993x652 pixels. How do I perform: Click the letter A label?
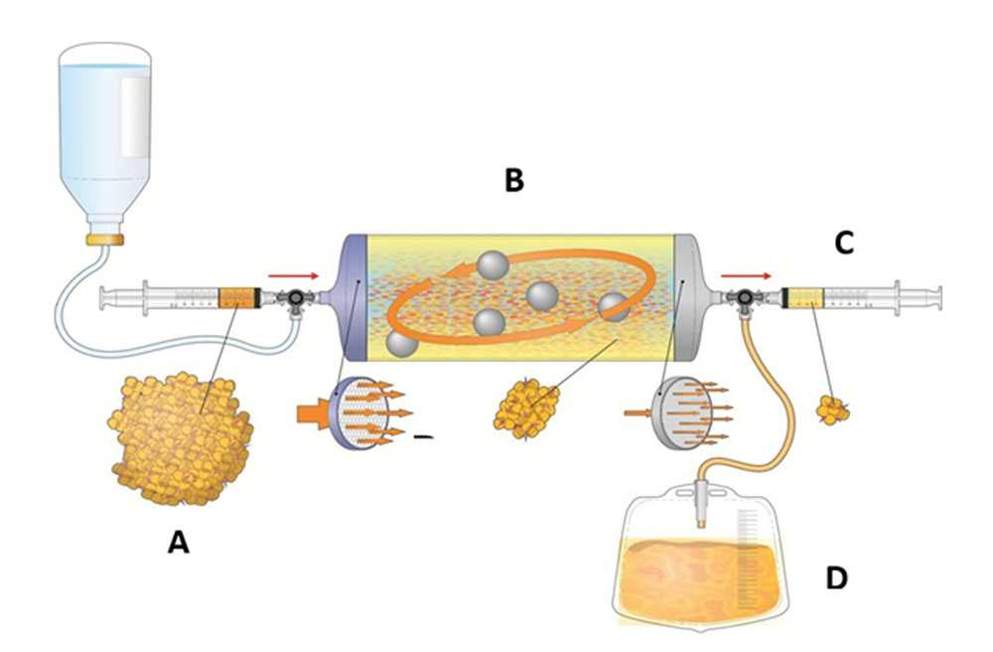tap(178, 542)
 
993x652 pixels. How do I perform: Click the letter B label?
tap(514, 181)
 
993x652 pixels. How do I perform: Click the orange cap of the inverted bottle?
tap(103, 239)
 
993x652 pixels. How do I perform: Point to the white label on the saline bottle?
tap(136, 115)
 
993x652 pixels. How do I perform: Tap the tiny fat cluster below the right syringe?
tap(832, 407)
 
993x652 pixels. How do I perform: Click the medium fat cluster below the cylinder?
tap(525, 404)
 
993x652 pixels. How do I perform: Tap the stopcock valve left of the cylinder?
tap(294, 297)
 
